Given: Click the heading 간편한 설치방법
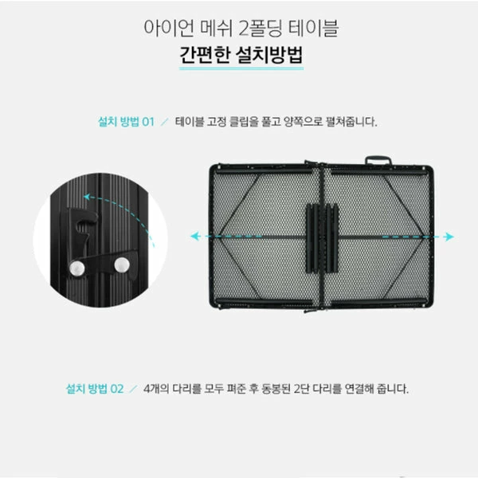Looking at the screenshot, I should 238,58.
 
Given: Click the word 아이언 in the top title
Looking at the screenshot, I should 161,29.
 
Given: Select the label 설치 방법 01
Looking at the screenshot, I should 123,123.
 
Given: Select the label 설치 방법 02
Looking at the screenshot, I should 94,390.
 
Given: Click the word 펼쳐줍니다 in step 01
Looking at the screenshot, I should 350,123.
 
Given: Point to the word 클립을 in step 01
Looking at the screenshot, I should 253,123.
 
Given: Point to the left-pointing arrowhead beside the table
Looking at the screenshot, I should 194,236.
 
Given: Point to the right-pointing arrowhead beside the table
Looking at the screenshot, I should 450,236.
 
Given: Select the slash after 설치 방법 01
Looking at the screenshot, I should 165,123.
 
